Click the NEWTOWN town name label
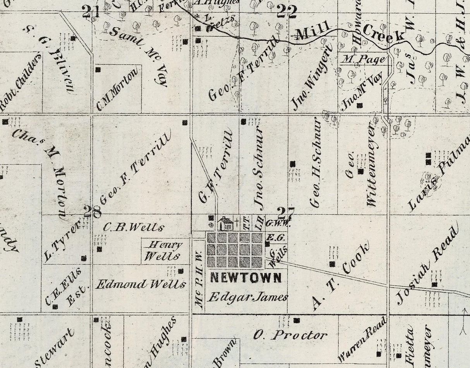pos(245,277)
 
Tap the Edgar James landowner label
pos(248,297)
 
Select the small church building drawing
pos(225,224)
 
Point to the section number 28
pos(93,212)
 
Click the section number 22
pos(286,13)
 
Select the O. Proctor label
pos(290,335)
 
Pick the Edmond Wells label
pos(141,285)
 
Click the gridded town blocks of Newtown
pos(235,250)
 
